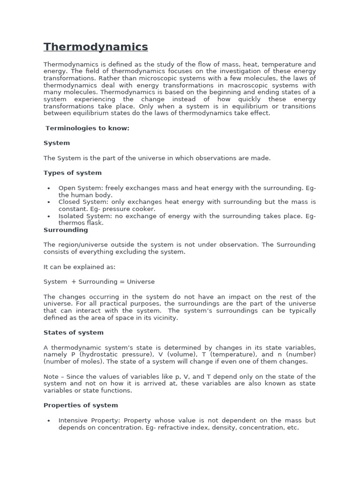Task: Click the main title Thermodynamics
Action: [x=96, y=47]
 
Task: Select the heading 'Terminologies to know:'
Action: [x=87, y=128]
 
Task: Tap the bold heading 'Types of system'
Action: [x=72, y=173]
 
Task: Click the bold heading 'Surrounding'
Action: [x=66, y=230]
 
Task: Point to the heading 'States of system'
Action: [x=73, y=332]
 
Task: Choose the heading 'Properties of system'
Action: [x=81, y=405]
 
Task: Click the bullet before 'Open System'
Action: [x=49, y=188]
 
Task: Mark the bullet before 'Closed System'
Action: [x=49, y=202]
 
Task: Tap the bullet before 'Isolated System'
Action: [x=49, y=216]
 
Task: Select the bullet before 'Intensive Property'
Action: [x=49, y=420]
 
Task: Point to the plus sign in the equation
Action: [x=74, y=282]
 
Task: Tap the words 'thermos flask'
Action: [x=81, y=223]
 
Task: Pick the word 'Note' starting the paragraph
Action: [x=51, y=377]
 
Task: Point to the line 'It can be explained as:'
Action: [x=79, y=267]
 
